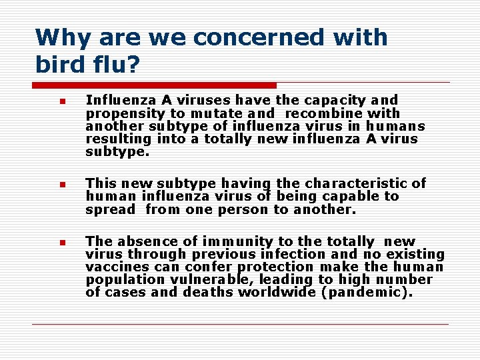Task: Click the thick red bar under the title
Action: tap(155, 85)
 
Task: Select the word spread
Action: tap(109, 210)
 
